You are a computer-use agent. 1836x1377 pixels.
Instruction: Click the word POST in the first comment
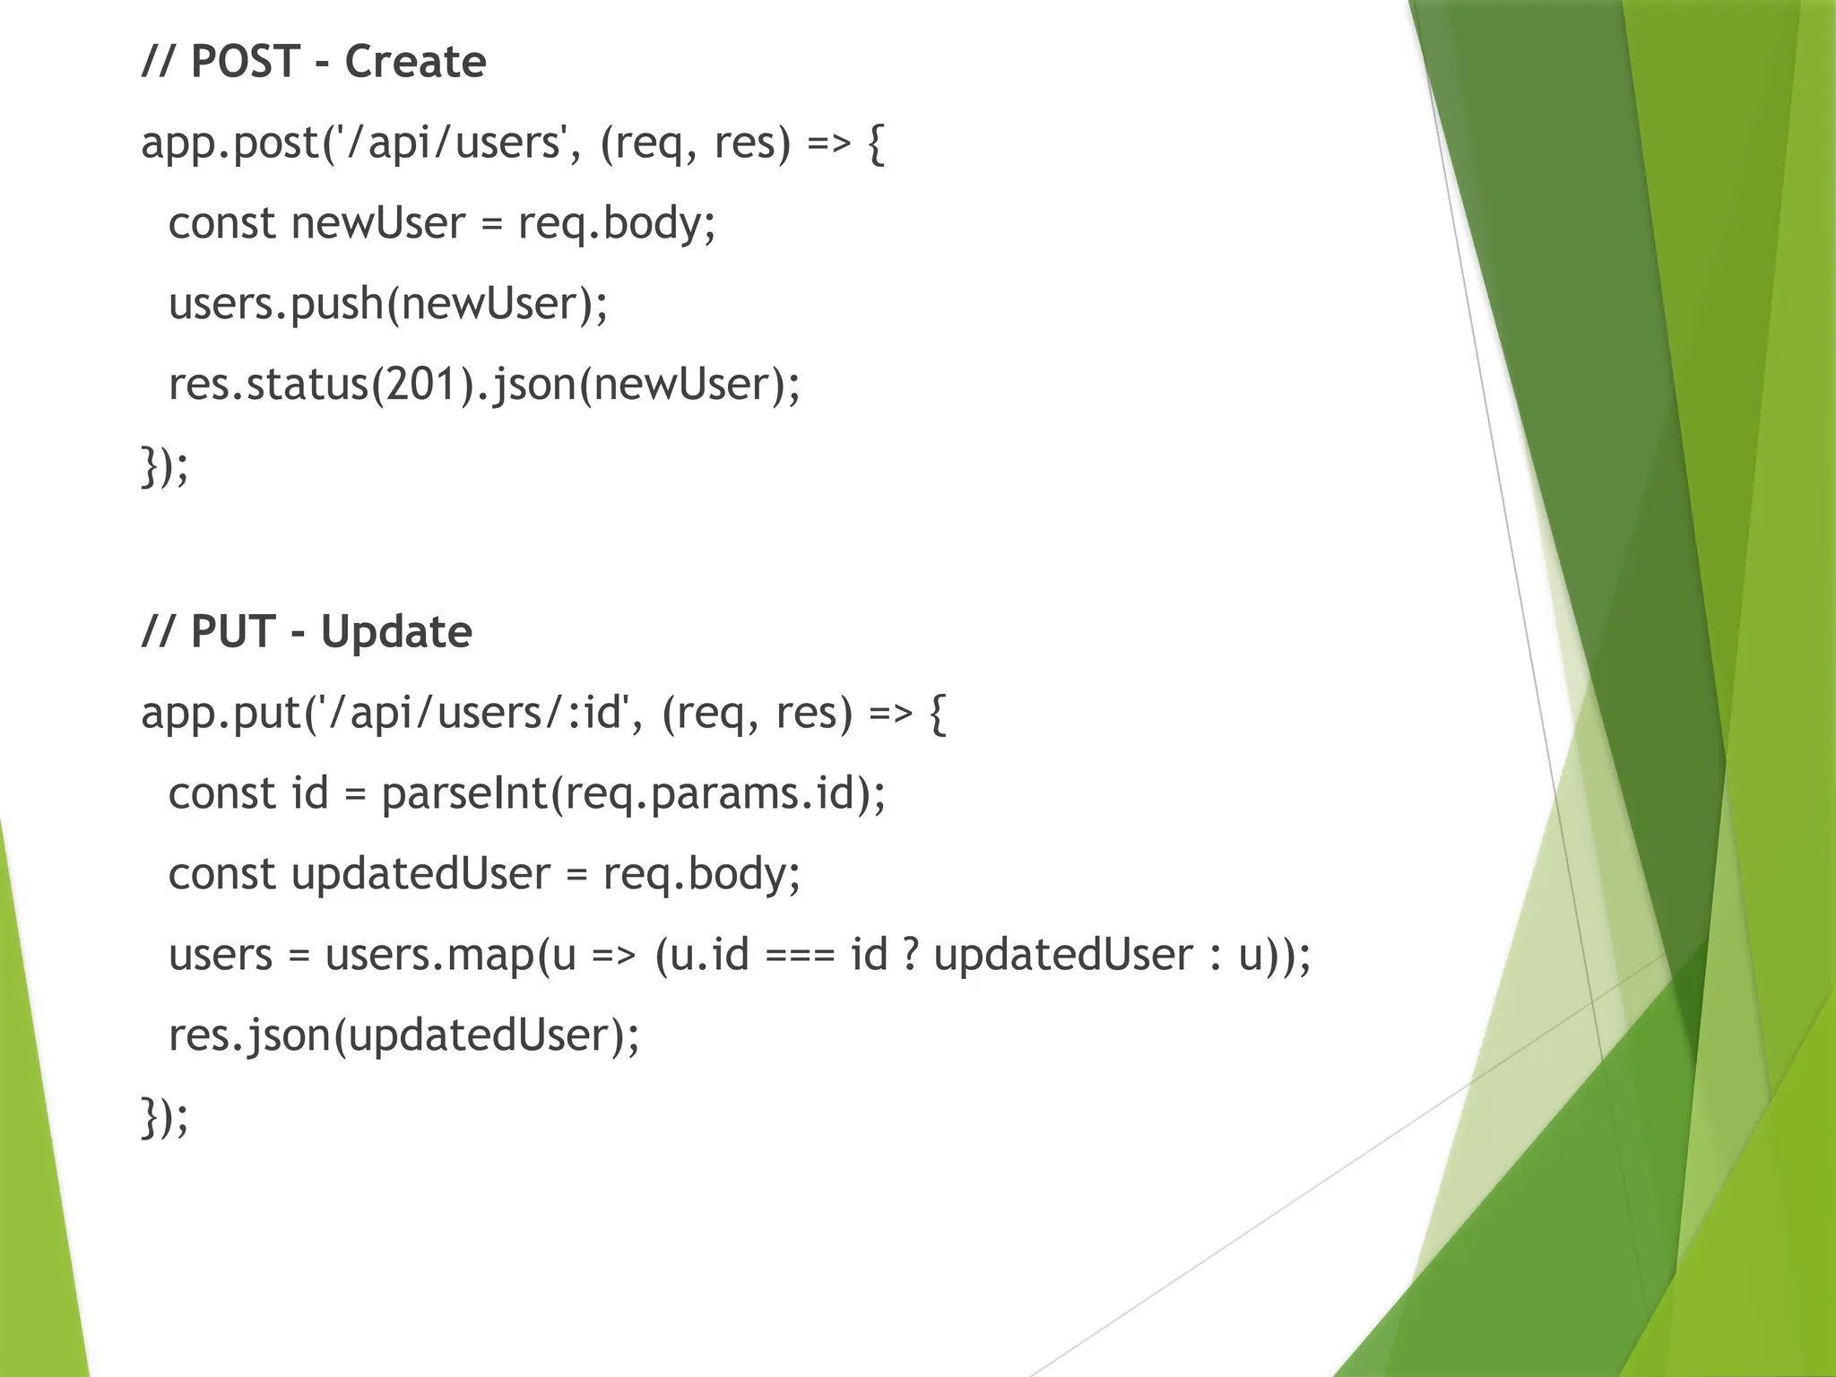(245, 62)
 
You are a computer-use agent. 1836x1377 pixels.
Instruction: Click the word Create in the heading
(415, 62)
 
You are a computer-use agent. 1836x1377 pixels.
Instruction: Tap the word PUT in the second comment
(232, 632)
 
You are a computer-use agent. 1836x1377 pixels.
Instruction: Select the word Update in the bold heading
(396, 632)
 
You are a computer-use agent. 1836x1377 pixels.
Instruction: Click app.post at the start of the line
(229, 143)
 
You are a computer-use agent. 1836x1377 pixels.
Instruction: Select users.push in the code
(275, 304)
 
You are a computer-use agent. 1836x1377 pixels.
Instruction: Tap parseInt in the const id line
(463, 793)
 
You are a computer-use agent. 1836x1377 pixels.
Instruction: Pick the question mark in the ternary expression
(910, 954)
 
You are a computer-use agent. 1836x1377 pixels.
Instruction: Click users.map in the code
(429, 955)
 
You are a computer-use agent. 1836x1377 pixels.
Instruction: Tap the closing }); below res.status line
(165, 466)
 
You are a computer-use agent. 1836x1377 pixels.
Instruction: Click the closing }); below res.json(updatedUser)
(165, 1117)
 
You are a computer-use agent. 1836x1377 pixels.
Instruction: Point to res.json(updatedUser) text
(403, 1036)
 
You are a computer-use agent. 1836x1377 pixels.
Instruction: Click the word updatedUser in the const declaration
(420, 874)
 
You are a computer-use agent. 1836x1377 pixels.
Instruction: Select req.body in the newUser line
(617, 223)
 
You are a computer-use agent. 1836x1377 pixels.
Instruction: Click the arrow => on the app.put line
(890, 714)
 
